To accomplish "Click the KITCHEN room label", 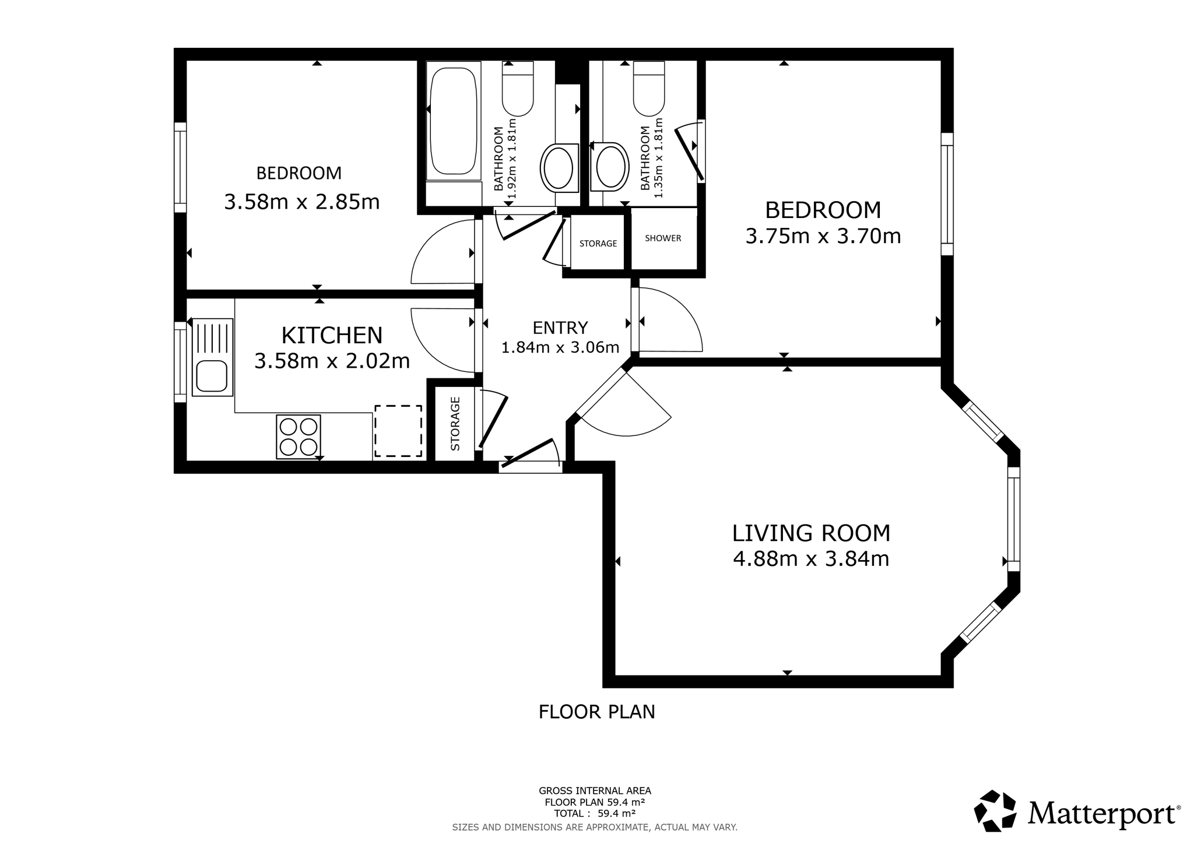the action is coord(332,335).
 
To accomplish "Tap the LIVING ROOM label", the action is coord(811,533).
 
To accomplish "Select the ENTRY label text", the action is coord(560,328).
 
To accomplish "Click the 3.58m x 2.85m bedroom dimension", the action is coord(302,202).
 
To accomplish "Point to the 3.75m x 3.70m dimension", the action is coord(823,236).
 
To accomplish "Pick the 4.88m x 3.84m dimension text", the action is coord(811,559).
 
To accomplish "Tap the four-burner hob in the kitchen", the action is coord(298,437).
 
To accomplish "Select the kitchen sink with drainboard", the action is coord(212,357).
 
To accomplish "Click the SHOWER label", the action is coord(663,238).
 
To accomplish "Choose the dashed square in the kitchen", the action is coord(398,431).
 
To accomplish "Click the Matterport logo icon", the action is coord(995,810).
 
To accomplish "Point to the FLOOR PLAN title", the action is coord(597,712).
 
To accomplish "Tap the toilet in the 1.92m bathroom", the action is coord(518,89).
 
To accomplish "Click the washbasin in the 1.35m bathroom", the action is coord(610,167).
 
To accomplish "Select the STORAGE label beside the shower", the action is coord(598,243).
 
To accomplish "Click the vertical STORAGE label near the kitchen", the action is coord(455,424).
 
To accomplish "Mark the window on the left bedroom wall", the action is coord(180,167).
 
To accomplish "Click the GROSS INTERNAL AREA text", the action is coord(595,791).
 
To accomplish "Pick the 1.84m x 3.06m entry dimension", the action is coord(560,348).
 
